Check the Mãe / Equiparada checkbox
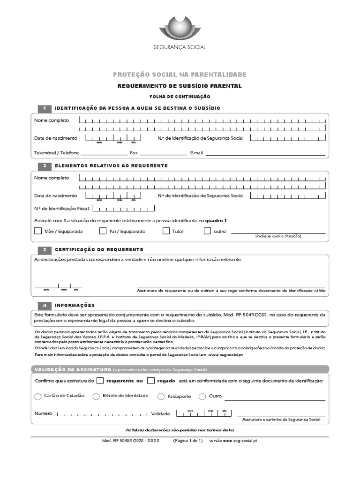38,231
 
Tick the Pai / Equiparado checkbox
103,231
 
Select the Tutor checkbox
166,231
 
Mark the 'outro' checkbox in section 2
208,231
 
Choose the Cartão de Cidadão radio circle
38,397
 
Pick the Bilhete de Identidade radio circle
96,396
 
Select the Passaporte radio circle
161,397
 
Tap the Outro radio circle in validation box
202,397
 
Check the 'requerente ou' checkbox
100,381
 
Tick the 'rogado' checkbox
151,381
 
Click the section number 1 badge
44,108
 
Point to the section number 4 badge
44,305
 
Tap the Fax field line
163,154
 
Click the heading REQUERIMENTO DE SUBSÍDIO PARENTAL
180,86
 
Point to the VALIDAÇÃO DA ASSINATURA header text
73,369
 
